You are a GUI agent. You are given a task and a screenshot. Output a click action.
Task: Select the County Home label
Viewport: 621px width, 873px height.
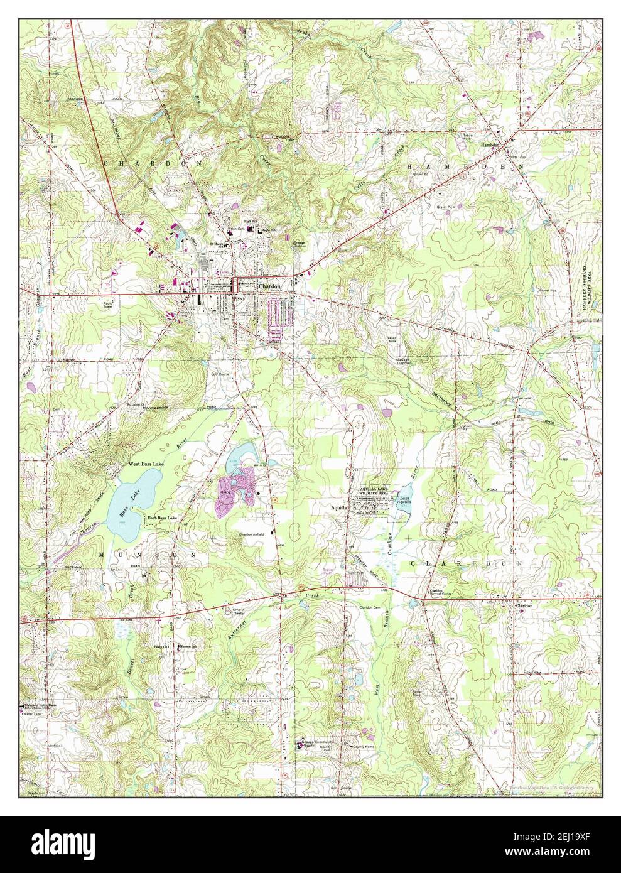coord(364,747)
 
